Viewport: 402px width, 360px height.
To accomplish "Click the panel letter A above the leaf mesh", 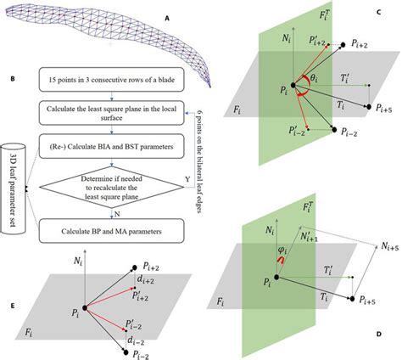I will [167, 16].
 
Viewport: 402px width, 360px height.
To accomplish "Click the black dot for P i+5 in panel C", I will [367, 108].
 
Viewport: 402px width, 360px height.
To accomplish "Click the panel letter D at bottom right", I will [377, 338].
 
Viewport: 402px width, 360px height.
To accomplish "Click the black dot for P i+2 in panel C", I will [343, 42].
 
